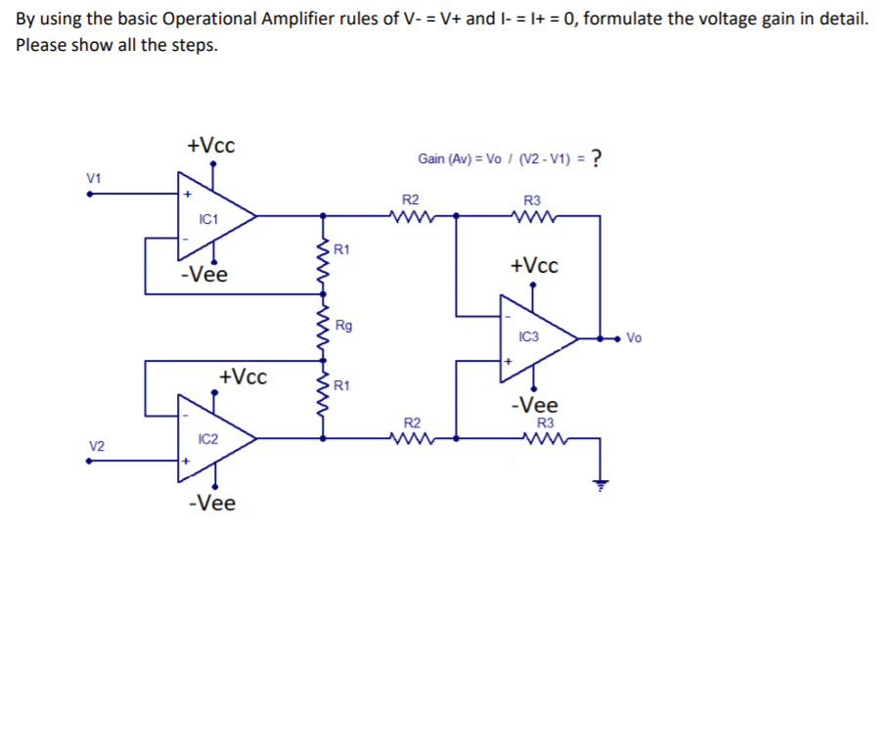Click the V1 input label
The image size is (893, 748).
click(x=94, y=177)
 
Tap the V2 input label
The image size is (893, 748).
click(x=95, y=446)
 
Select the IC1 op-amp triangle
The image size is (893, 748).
click(x=211, y=217)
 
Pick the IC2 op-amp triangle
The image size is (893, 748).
click(x=211, y=439)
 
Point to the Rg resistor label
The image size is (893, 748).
click(x=343, y=325)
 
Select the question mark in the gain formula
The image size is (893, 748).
click(x=596, y=158)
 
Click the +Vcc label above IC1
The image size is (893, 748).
click(x=210, y=146)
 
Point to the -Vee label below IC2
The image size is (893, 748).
click(x=211, y=504)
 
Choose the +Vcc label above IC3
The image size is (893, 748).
click(x=534, y=266)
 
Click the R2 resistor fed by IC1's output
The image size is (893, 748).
click(x=411, y=216)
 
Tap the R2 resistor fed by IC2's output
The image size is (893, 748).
click(x=411, y=438)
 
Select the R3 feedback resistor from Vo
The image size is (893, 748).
click(x=532, y=216)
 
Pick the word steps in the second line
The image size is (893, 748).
click(x=194, y=46)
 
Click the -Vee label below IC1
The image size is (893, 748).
click(x=203, y=275)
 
